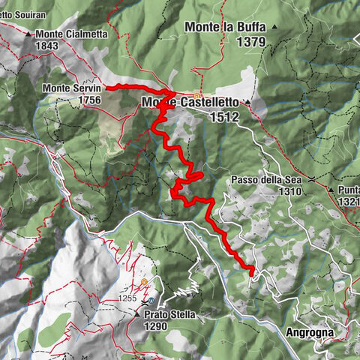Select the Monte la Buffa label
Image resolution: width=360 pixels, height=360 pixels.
pyautogui.click(x=223, y=27)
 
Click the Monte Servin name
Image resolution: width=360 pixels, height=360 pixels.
pyautogui.click(x=71, y=88)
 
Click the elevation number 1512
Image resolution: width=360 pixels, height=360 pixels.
pyautogui.click(x=226, y=116)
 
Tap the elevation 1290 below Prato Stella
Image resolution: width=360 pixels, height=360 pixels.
pyautogui.click(x=158, y=327)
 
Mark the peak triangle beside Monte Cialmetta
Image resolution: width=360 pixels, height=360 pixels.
pyautogui.click(x=28, y=34)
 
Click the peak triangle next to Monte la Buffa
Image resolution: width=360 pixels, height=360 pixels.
pyautogui.click(x=275, y=27)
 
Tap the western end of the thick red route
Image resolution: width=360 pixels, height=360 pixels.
pyautogui.click(x=105, y=88)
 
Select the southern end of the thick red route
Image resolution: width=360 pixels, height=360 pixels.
pyautogui.click(x=252, y=274)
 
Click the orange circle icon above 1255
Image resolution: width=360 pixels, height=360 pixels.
pyautogui.click(x=144, y=282)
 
